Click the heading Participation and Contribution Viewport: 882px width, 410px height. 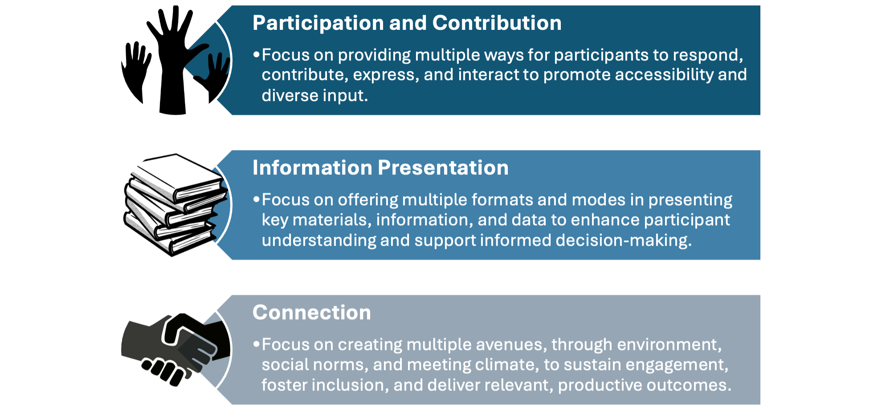click(407, 23)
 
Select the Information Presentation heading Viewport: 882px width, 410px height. click(380, 168)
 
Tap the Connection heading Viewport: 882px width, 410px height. click(311, 313)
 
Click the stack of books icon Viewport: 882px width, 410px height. click(176, 205)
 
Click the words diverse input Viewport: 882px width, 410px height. click(314, 95)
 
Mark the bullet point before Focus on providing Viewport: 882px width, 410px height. click(256, 55)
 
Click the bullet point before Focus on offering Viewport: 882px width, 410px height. click(256, 199)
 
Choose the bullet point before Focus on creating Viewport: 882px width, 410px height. click(256, 344)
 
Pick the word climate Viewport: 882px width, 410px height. click(503, 365)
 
